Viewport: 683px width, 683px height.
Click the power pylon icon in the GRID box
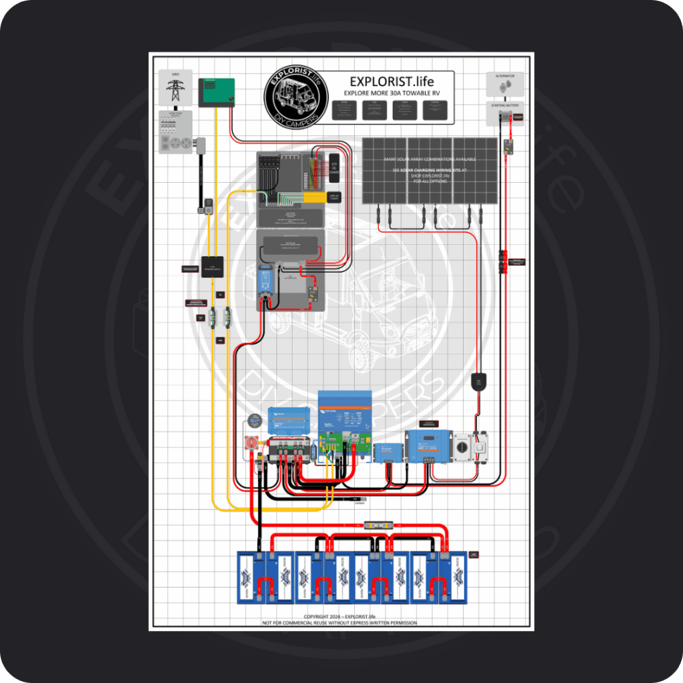pyautogui.click(x=175, y=89)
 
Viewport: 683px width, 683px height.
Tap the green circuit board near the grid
pyautogui.click(x=217, y=92)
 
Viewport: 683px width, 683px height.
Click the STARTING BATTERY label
pyautogui.click(x=504, y=105)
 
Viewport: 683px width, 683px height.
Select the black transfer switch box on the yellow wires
pyautogui.click(x=213, y=267)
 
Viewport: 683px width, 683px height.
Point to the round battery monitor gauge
pyautogui.click(x=254, y=420)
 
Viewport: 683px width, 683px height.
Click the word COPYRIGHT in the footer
pyautogui.click(x=317, y=616)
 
